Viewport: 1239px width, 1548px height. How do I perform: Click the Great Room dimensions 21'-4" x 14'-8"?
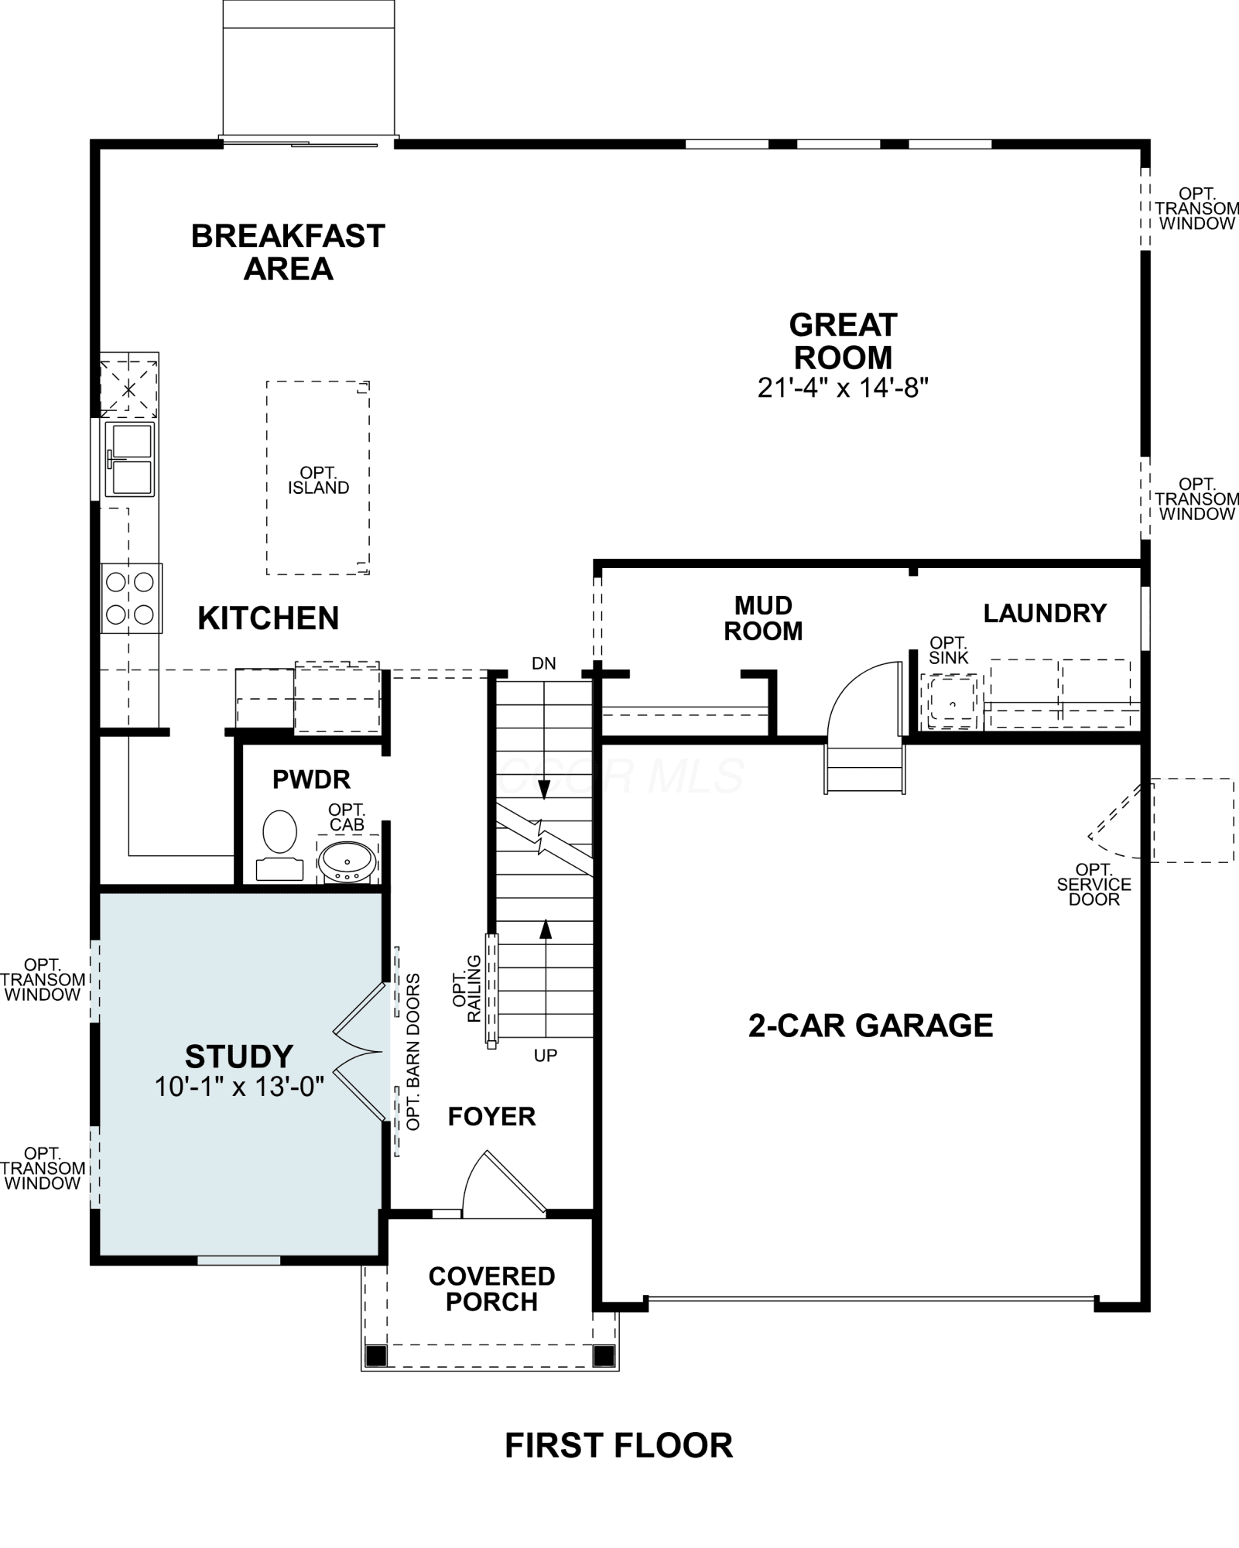843,387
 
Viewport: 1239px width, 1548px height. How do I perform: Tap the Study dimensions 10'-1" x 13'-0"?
239,1087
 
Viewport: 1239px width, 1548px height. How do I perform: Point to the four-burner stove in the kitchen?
131,598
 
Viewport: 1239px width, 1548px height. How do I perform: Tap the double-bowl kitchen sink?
130,459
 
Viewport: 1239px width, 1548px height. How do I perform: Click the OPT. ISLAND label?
319,480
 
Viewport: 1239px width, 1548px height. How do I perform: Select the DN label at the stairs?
544,663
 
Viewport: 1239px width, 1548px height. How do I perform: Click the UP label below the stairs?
546,1056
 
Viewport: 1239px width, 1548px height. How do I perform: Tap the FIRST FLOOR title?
619,1446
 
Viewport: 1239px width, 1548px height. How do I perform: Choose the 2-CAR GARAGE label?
871,1026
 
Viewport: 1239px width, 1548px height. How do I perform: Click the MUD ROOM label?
763,618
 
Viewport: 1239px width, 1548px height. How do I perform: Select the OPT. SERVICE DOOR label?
1094,885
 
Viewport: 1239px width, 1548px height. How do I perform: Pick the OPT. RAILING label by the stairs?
467,989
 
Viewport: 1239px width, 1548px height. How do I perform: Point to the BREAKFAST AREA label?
288,252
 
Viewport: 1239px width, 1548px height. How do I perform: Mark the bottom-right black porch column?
604,1355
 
